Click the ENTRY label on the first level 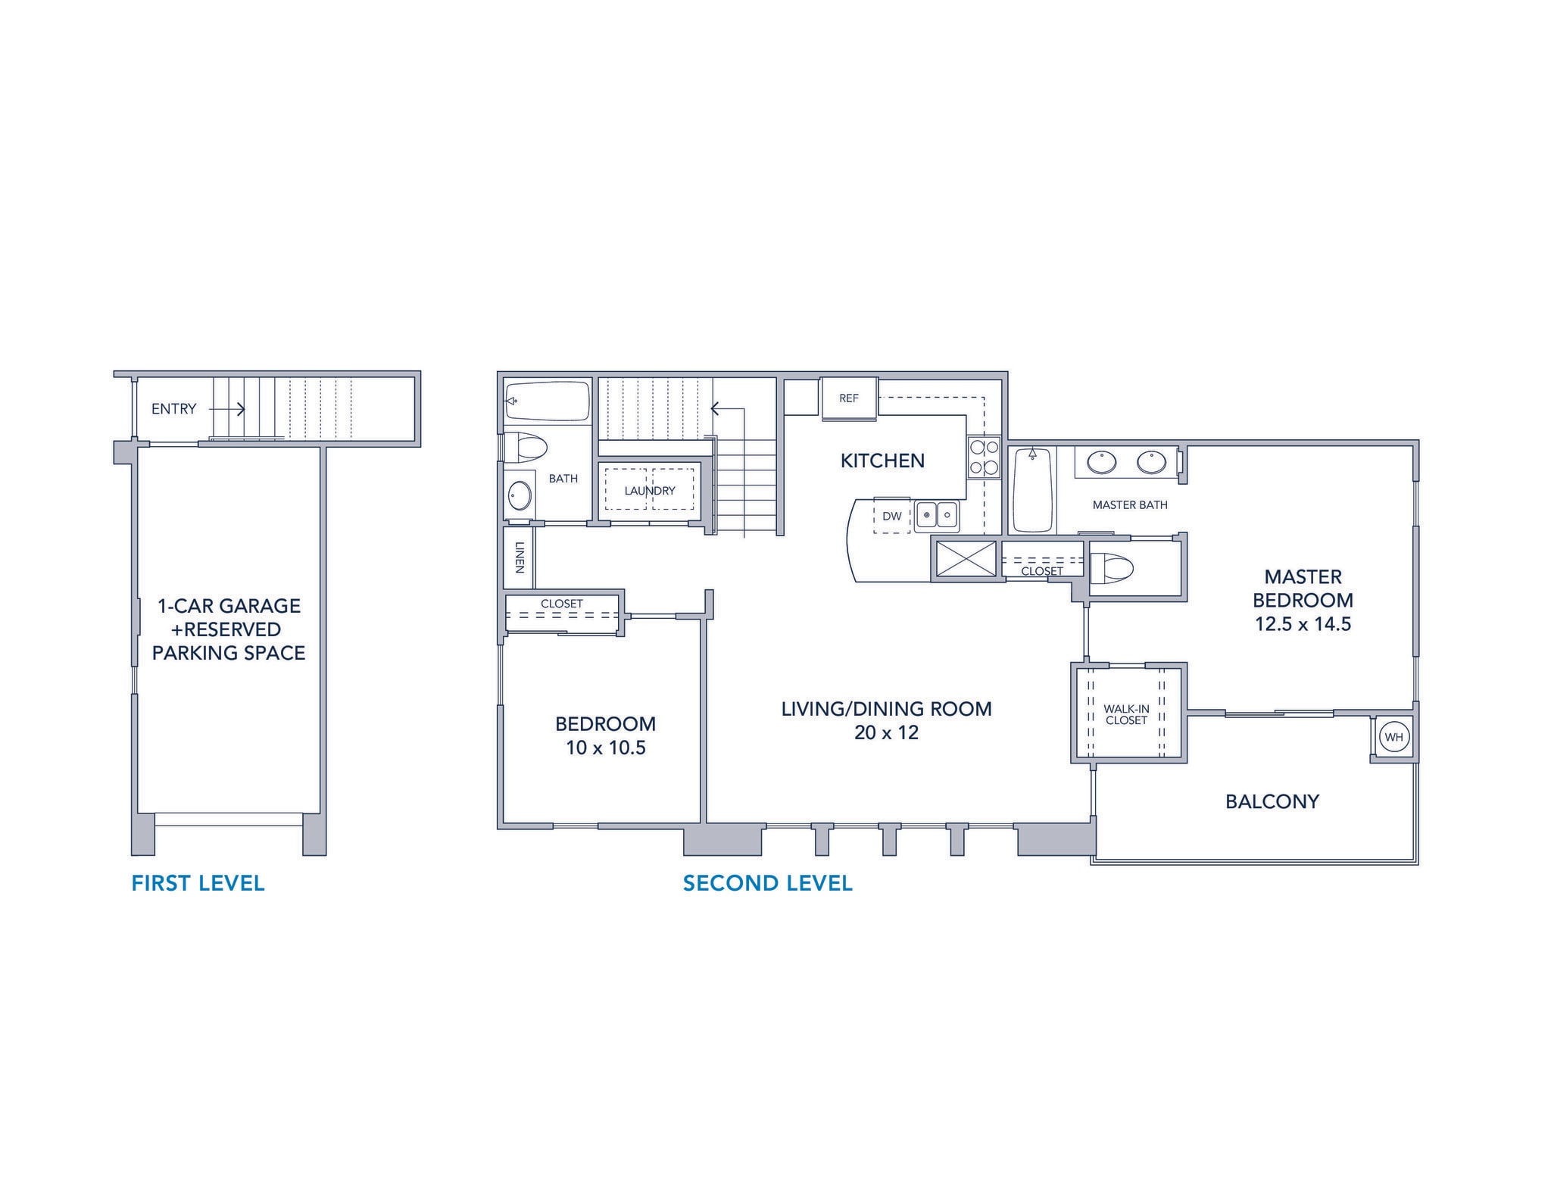click(x=173, y=409)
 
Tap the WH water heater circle click(x=1393, y=737)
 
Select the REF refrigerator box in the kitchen click(x=849, y=398)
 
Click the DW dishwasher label click(x=892, y=517)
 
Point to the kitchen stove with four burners click(x=984, y=457)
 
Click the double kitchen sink click(x=937, y=516)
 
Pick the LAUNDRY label click(x=650, y=491)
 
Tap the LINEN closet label click(x=520, y=557)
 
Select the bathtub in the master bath click(x=1031, y=490)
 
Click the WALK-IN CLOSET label click(x=1126, y=714)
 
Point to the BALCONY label click(x=1272, y=801)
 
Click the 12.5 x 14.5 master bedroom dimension click(x=1303, y=624)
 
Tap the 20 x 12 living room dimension click(x=886, y=732)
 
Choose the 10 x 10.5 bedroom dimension click(x=605, y=748)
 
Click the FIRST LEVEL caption click(x=198, y=883)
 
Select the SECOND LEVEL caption click(x=767, y=883)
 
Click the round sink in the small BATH click(x=520, y=497)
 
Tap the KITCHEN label click(x=882, y=461)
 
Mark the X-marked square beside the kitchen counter click(x=966, y=560)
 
